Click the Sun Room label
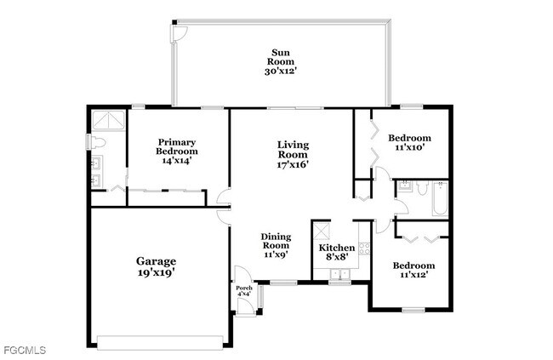(x=281, y=62)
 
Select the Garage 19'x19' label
(x=156, y=266)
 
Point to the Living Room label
(x=292, y=155)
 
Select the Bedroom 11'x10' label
(x=409, y=142)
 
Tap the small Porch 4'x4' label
(x=244, y=292)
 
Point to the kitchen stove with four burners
(x=363, y=249)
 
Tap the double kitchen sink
(x=340, y=275)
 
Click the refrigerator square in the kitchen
(x=322, y=231)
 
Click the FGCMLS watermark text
(x=24, y=350)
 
